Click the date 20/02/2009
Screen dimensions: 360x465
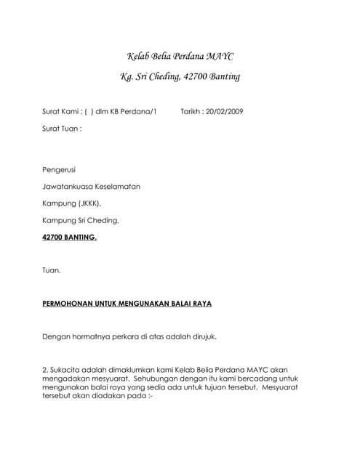(x=225, y=111)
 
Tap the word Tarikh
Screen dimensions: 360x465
(x=191, y=111)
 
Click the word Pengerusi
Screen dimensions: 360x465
(x=60, y=170)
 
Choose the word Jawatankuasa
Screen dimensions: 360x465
(x=69, y=187)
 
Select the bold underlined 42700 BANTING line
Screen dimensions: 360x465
(x=69, y=237)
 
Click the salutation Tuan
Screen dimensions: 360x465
(x=52, y=270)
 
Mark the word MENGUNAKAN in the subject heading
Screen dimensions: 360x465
(x=142, y=304)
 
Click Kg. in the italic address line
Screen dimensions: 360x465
(x=128, y=76)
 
